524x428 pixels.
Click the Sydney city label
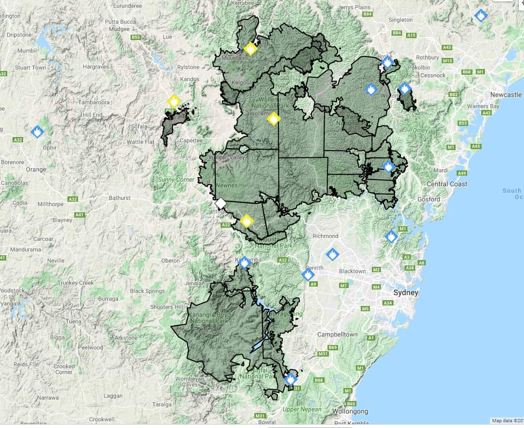tap(406, 293)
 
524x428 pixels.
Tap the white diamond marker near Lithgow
tap(220, 203)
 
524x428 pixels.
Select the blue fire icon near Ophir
tap(37, 131)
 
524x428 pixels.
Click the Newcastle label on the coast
tap(506, 95)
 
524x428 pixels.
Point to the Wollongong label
tap(350, 412)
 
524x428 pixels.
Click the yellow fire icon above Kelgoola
tap(250, 49)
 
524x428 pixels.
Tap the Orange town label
tap(36, 169)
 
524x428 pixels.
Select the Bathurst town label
tap(119, 198)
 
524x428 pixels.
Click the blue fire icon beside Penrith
tap(308, 275)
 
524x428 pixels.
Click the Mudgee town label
tap(119, 28)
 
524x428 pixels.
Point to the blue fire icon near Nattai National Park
tap(290, 379)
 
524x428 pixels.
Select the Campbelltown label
tap(337, 334)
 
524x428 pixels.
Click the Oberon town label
tap(170, 261)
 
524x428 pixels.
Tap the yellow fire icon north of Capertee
tap(173, 101)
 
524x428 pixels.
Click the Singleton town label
tap(400, 20)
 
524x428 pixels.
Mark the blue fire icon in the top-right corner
tap(480, 16)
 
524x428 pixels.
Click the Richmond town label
tap(325, 236)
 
